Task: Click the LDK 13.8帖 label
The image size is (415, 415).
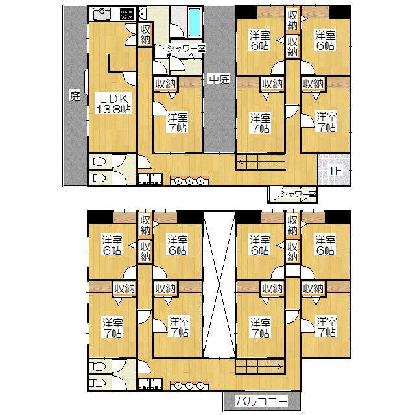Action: (113, 103)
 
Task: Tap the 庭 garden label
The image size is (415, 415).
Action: (75, 97)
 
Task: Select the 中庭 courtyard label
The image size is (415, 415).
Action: (219, 80)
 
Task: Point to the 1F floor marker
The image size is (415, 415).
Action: (334, 171)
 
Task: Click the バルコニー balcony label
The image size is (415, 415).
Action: (261, 402)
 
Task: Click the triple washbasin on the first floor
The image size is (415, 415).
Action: (188, 181)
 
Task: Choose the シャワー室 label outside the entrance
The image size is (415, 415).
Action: (296, 194)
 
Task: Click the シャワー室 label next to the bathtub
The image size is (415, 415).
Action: (185, 48)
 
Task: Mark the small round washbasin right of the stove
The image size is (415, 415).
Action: (142, 14)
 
